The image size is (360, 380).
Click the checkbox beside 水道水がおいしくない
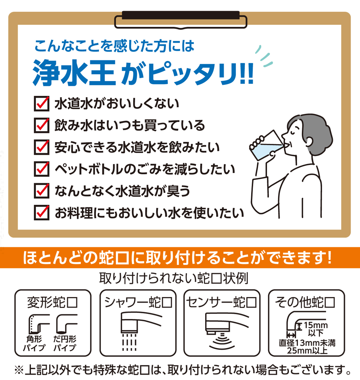(41, 104)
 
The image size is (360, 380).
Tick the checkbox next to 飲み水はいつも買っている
(41, 126)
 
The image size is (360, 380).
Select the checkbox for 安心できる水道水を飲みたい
(41, 147)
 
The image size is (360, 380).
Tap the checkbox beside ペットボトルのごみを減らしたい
(41, 169)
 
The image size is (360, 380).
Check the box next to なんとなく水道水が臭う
(41, 191)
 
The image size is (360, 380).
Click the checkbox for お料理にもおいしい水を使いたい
(41, 213)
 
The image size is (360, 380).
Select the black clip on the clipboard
(181, 15)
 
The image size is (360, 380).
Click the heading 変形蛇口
(52, 303)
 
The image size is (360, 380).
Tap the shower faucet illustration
(138, 331)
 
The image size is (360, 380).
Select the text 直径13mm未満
(307, 343)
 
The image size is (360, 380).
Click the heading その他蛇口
(305, 302)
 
